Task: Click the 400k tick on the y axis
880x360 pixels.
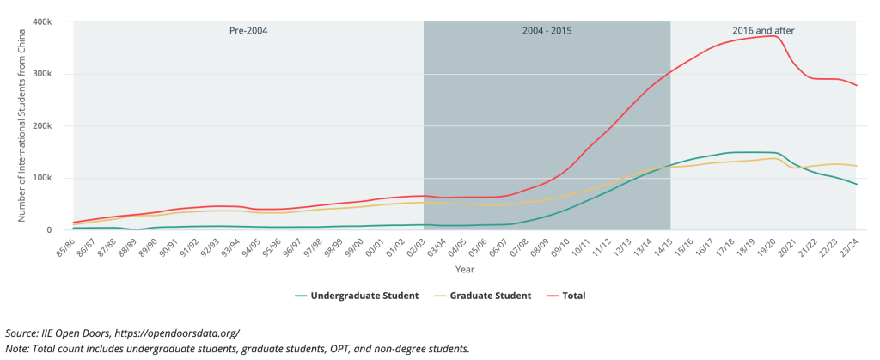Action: point(46,21)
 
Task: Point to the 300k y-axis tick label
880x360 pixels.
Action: point(46,73)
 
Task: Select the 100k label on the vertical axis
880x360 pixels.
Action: point(46,178)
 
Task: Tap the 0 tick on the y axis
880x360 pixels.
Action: point(52,230)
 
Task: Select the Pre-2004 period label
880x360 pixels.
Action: point(248,31)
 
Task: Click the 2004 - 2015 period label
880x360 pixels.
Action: point(547,31)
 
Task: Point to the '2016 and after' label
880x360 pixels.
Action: point(763,31)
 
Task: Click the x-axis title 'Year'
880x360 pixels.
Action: point(465,270)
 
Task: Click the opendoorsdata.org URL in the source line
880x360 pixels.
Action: point(174,333)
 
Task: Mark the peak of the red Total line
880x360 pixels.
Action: point(773,36)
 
